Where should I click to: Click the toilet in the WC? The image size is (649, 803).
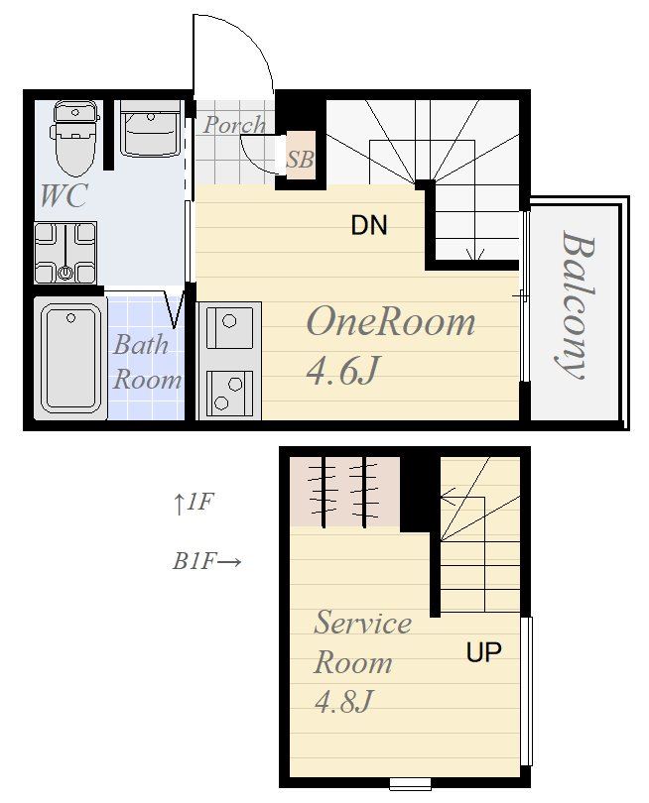[x=74, y=137]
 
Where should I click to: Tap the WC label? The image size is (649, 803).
[x=64, y=195]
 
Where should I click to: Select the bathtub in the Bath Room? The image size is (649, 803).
[x=70, y=358]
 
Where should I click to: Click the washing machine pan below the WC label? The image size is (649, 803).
[x=65, y=253]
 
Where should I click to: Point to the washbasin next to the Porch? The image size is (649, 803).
[x=150, y=129]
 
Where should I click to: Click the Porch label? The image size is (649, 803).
[x=234, y=125]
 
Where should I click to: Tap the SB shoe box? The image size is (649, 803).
[x=301, y=156]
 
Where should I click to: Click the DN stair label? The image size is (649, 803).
[x=369, y=225]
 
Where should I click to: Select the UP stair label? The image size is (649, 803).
[x=484, y=652]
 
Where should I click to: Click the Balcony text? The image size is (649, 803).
[x=577, y=305]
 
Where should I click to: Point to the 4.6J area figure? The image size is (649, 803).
[x=343, y=371]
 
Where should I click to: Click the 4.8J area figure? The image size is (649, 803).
[x=343, y=701]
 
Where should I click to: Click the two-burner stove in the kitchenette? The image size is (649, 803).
[x=229, y=394]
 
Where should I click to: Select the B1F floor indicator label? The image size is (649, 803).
[x=206, y=562]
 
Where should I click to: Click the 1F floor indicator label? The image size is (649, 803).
[x=193, y=503]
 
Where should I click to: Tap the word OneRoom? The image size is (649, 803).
[x=391, y=322]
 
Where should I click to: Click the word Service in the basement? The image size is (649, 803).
[x=362, y=624]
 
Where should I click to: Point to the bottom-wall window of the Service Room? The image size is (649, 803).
[x=410, y=783]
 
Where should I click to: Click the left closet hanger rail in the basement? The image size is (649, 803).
[x=324, y=492]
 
